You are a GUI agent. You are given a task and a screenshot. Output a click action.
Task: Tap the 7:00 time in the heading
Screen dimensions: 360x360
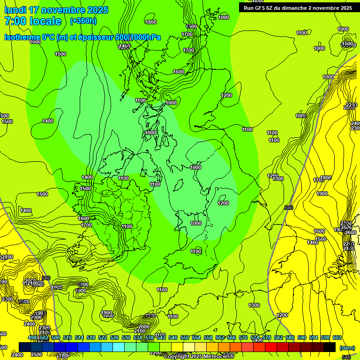14,21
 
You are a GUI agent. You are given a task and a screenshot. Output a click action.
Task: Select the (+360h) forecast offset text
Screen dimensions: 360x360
83,21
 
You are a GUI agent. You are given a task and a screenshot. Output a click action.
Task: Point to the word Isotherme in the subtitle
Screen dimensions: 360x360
22,37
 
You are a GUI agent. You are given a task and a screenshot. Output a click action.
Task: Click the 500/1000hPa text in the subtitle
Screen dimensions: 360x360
137,37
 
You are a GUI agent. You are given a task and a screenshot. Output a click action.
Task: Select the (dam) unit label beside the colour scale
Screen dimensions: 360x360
347,347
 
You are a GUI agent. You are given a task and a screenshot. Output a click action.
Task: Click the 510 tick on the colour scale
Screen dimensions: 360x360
67,337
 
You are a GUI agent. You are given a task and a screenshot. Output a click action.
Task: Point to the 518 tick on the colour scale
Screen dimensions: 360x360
91,337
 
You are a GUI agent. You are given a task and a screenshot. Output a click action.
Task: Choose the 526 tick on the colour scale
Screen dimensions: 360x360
114,337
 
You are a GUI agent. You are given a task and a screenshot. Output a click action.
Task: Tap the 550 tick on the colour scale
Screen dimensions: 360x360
185,337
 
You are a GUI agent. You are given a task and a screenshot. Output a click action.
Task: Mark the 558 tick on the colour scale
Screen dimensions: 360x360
208,337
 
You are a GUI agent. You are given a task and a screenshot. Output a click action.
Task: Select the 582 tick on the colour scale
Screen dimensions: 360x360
278,337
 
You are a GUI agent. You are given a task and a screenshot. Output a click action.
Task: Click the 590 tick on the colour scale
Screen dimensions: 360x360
302,337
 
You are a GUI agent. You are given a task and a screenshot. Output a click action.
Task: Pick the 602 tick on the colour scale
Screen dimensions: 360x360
337,337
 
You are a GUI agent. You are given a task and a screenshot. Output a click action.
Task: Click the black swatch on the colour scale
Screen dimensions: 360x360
330,347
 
